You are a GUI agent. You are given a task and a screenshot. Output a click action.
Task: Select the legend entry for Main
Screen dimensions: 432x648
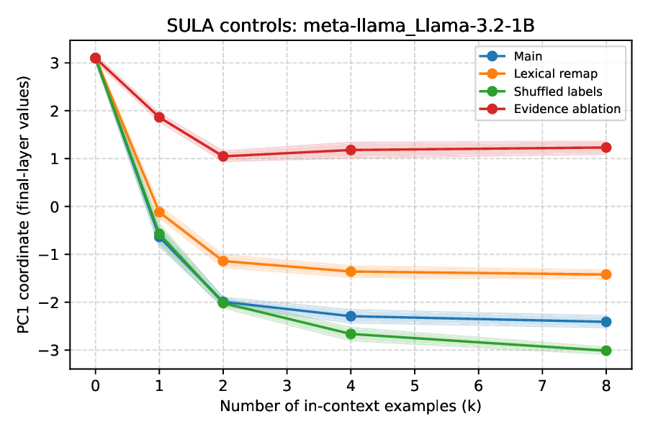[527, 56]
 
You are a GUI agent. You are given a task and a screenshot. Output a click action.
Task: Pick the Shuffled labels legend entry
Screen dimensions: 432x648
[557, 91]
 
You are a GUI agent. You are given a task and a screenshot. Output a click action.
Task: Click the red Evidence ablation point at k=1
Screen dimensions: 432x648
[159, 117]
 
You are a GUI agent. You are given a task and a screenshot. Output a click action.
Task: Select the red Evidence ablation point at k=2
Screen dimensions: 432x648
[223, 156]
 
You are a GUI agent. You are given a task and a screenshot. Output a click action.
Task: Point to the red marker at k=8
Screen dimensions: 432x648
[606, 148]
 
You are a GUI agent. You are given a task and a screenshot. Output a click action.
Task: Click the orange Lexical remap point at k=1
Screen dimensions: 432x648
[159, 212]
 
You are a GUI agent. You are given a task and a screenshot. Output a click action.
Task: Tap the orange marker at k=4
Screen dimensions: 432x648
[351, 271]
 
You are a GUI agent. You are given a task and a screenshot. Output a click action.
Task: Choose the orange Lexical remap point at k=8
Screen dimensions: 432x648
[606, 274]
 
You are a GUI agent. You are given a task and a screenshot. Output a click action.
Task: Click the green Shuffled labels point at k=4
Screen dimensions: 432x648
[351, 334]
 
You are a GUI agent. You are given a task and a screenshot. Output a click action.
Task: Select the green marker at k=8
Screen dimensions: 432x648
[606, 351]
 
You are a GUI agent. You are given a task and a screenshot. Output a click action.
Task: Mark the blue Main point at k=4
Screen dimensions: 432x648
[351, 316]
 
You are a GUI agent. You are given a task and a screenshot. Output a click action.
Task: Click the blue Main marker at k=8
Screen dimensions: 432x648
[606, 322]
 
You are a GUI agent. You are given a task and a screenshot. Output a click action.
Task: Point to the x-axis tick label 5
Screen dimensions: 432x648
[415, 385]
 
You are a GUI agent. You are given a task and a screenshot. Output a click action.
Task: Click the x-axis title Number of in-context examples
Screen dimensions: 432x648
[351, 406]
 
